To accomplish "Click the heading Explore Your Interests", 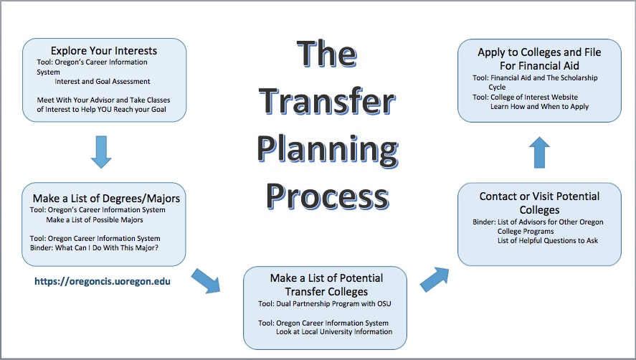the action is tap(104, 51).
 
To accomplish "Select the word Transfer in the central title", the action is tap(327, 101).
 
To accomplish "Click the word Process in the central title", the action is tap(328, 196).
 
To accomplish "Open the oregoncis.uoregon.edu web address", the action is tap(103, 281).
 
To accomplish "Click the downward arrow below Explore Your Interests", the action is tap(101, 152).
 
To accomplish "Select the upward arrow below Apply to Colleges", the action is tap(539, 152).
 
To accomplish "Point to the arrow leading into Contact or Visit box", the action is tap(435, 279).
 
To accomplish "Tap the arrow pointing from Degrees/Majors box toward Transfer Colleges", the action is tap(206, 281).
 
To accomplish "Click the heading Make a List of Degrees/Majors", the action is tap(106, 199).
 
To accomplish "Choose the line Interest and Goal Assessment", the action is tap(103, 82).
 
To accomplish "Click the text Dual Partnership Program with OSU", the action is tap(334, 303).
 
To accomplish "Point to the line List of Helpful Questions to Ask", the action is tap(548, 241).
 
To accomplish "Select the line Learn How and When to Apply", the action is tap(539, 107).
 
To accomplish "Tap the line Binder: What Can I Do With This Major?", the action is tap(94, 248).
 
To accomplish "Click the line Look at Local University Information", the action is tap(334, 332).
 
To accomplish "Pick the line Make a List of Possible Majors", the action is tap(95, 220).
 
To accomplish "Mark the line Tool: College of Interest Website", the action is tap(526, 98).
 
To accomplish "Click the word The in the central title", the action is tap(327, 53).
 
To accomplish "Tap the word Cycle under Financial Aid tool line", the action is tap(497, 87).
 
